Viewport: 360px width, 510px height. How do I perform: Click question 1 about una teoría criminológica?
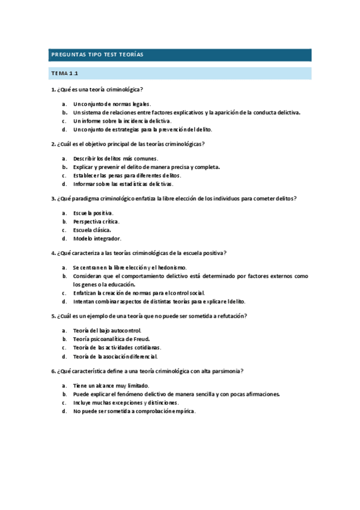97,90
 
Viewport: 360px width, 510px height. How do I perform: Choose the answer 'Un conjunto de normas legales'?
112,104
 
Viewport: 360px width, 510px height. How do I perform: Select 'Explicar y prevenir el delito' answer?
146,167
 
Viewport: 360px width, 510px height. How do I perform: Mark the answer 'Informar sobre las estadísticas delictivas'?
123,184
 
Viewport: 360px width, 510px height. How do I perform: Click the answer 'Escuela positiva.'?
93,213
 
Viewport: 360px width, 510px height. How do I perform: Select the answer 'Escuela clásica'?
92,230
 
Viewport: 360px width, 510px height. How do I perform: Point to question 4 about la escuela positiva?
138,253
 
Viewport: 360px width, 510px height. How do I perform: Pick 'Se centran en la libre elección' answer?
130,268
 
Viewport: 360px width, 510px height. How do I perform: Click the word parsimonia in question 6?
225,371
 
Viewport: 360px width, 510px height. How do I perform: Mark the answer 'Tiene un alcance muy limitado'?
111,386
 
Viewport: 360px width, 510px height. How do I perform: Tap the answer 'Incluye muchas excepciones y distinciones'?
126,402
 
